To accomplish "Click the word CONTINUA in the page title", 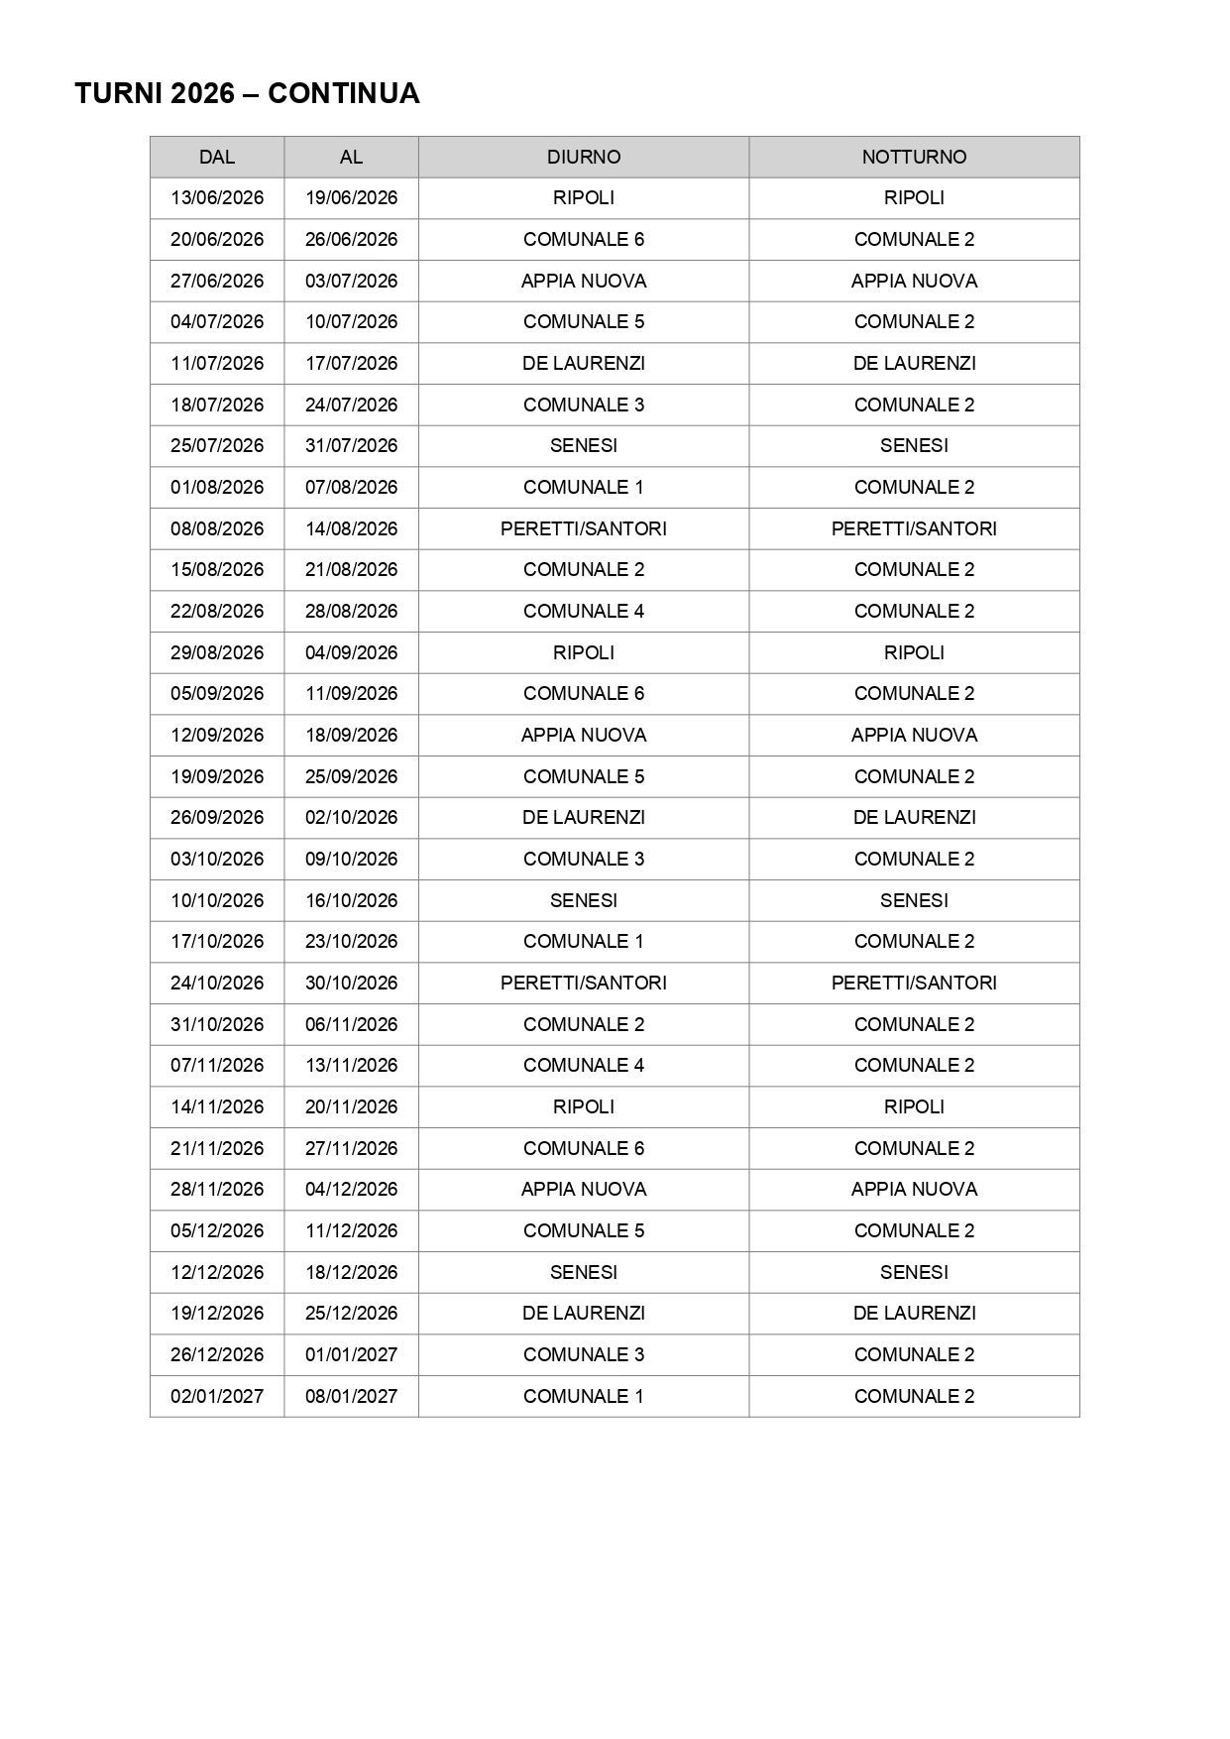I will [343, 94].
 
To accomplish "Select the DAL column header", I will [217, 157].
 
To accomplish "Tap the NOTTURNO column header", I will [914, 157].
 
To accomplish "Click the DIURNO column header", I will [584, 157].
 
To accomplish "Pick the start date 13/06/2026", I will [217, 198].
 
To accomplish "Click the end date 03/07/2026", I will [351, 281].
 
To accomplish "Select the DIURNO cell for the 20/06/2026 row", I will [584, 239].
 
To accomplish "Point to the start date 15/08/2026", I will [217, 570].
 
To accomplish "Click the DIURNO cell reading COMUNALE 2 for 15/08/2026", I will [584, 570].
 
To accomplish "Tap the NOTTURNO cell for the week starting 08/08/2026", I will [914, 528].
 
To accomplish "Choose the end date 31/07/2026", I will [351, 446].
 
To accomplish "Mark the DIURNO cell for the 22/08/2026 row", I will [584, 611].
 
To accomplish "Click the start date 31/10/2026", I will [217, 1024].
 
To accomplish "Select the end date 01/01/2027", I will [351, 1354].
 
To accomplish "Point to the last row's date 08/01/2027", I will [351, 1396].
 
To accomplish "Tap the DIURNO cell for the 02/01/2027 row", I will [584, 1396].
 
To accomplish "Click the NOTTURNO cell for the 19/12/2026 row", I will [914, 1314].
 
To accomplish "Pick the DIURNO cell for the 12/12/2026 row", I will [584, 1272].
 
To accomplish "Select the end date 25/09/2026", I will [351, 776].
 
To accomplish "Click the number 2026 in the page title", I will [202, 94].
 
